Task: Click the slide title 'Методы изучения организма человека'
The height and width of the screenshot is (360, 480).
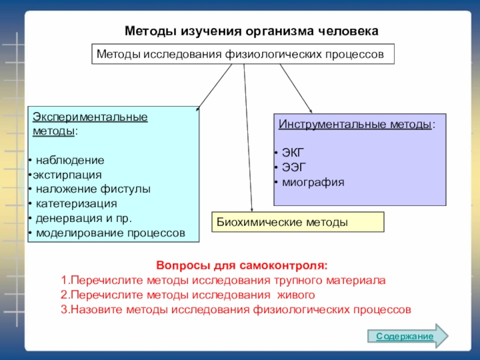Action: [251, 30]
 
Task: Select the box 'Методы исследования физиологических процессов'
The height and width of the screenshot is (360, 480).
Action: [242, 54]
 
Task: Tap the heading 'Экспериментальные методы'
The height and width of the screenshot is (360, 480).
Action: [89, 123]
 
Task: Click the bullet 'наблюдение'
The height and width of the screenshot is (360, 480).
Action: [70, 161]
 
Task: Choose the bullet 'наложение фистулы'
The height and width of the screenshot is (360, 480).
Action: [92, 189]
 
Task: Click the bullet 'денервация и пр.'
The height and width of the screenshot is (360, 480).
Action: [83, 218]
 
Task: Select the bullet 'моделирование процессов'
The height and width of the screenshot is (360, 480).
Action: [110, 232]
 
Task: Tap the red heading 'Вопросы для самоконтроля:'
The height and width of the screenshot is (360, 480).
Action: [242, 265]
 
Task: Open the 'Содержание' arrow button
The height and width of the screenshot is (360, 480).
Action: [407, 337]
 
